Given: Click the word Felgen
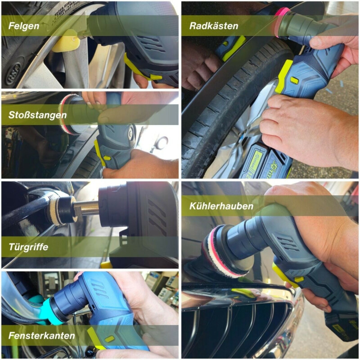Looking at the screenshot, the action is click(24, 26).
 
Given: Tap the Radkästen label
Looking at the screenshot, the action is click(214, 26).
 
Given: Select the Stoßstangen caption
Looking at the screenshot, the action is click(37, 115).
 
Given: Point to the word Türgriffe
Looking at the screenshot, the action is click(28, 247).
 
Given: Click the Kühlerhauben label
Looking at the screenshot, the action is click(221, 206).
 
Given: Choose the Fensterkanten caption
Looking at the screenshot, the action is click(41, 336).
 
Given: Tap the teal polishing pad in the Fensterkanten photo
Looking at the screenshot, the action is click(49, 311).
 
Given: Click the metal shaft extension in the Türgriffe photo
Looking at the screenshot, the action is click(87, 207).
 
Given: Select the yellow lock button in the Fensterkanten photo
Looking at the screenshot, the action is click(109, 339).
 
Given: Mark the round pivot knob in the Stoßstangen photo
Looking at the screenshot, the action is click(130, 132).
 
